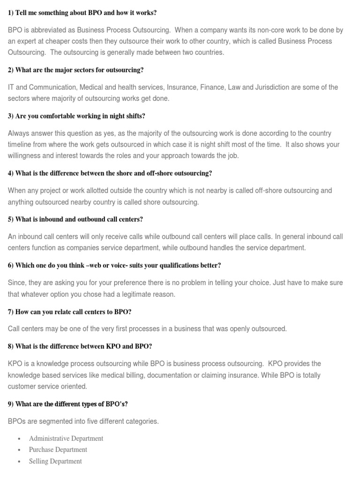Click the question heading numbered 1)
click(x=82, y=13)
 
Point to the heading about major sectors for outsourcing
click(x=75, y=70)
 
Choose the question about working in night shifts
click(x=80, y=116)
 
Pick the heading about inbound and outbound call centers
click(x=75, y=219)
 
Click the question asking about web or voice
click(x=114, y=265)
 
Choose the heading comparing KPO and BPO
click(x=80, y=346)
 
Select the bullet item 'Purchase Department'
click(x=58, y=450)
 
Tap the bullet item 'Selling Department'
click(x=55, y=461)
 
